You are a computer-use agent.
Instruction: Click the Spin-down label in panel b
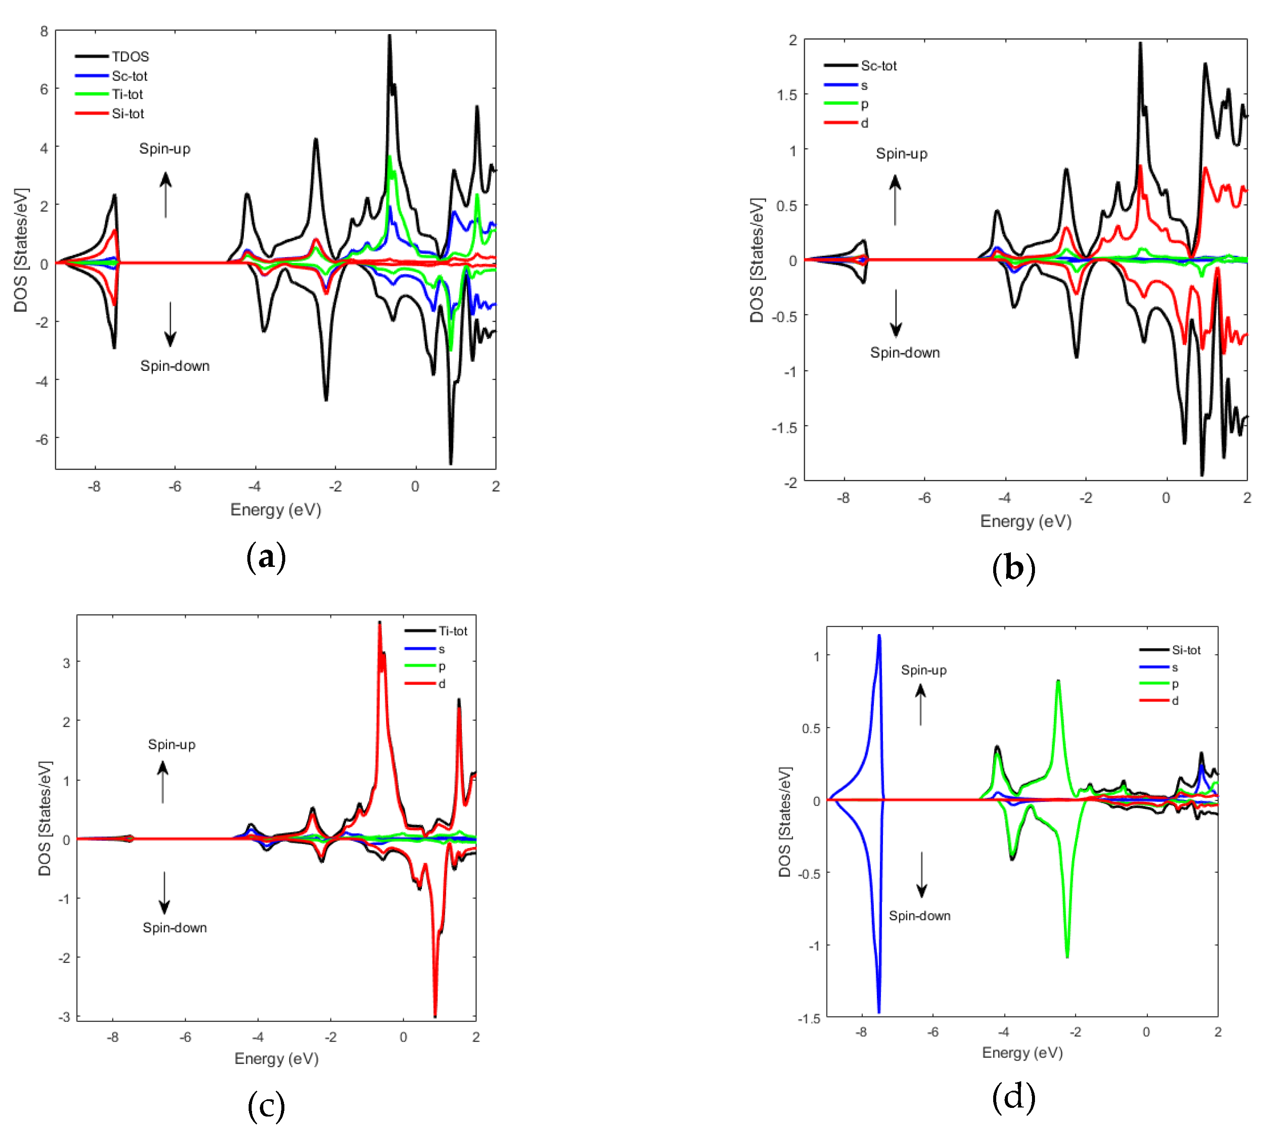click(x=904, y=353)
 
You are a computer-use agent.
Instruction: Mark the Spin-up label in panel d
click(x=923, y=670)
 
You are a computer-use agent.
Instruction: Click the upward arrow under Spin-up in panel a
click(x=165, y=195)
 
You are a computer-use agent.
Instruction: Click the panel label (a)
click(x=266, y=557)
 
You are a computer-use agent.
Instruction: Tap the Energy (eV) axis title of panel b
click(x=1026, y=521)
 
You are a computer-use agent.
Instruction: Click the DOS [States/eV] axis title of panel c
click(x=44, y=818)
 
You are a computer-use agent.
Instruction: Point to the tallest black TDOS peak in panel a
click(x=389, y=36)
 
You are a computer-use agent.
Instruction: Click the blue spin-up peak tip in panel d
click(x=879, y=635)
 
